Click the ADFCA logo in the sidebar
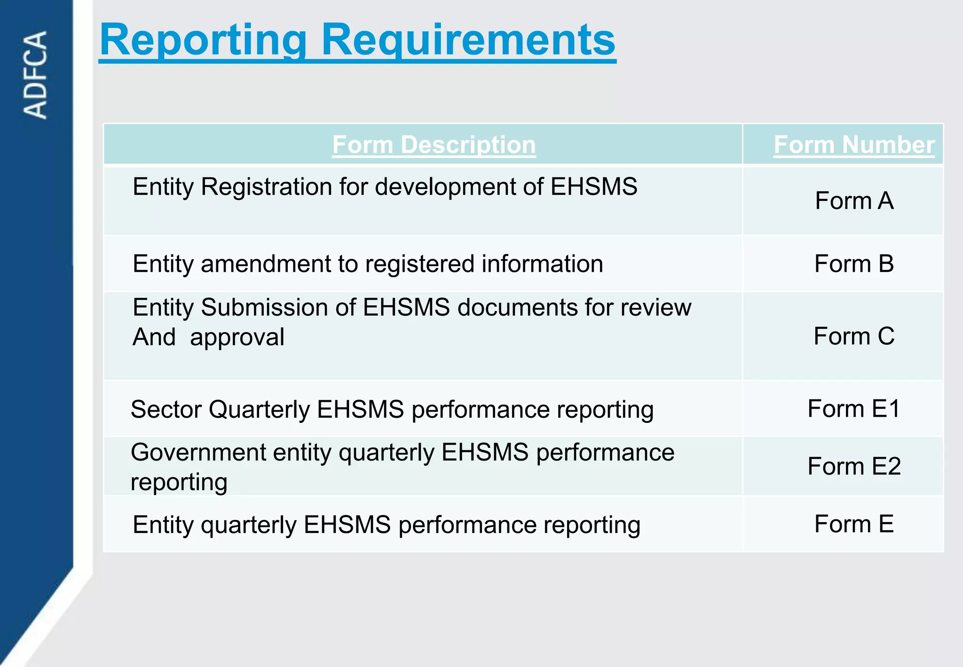click(35, 74)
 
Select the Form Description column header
click(434, 144)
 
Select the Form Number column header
click(853, 144)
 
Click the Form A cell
click(853, 201)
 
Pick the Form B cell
click(853, 263)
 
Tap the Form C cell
click(853, 336)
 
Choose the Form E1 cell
click(853, 408)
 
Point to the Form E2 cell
click(853, 466)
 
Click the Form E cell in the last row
click(853, 524)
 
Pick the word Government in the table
click(198, 453)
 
